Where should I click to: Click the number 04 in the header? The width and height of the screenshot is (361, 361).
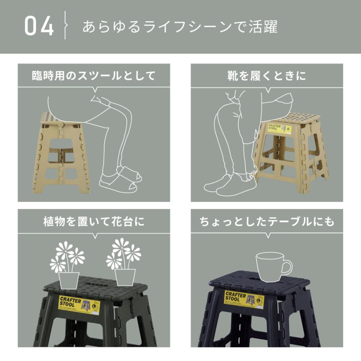pos(39,26)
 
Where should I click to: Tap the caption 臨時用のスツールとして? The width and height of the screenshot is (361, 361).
pos(93,76)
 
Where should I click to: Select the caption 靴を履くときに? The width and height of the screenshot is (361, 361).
pos(266,76)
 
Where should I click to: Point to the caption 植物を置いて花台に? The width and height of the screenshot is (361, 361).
pos(93,221)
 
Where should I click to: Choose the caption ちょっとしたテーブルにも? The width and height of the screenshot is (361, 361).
pos(267,221)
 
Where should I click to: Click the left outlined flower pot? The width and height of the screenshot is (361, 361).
pos(69,279)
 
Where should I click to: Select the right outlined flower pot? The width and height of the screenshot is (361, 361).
pos(125,277)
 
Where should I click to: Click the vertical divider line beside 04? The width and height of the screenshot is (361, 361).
pos(65,26)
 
